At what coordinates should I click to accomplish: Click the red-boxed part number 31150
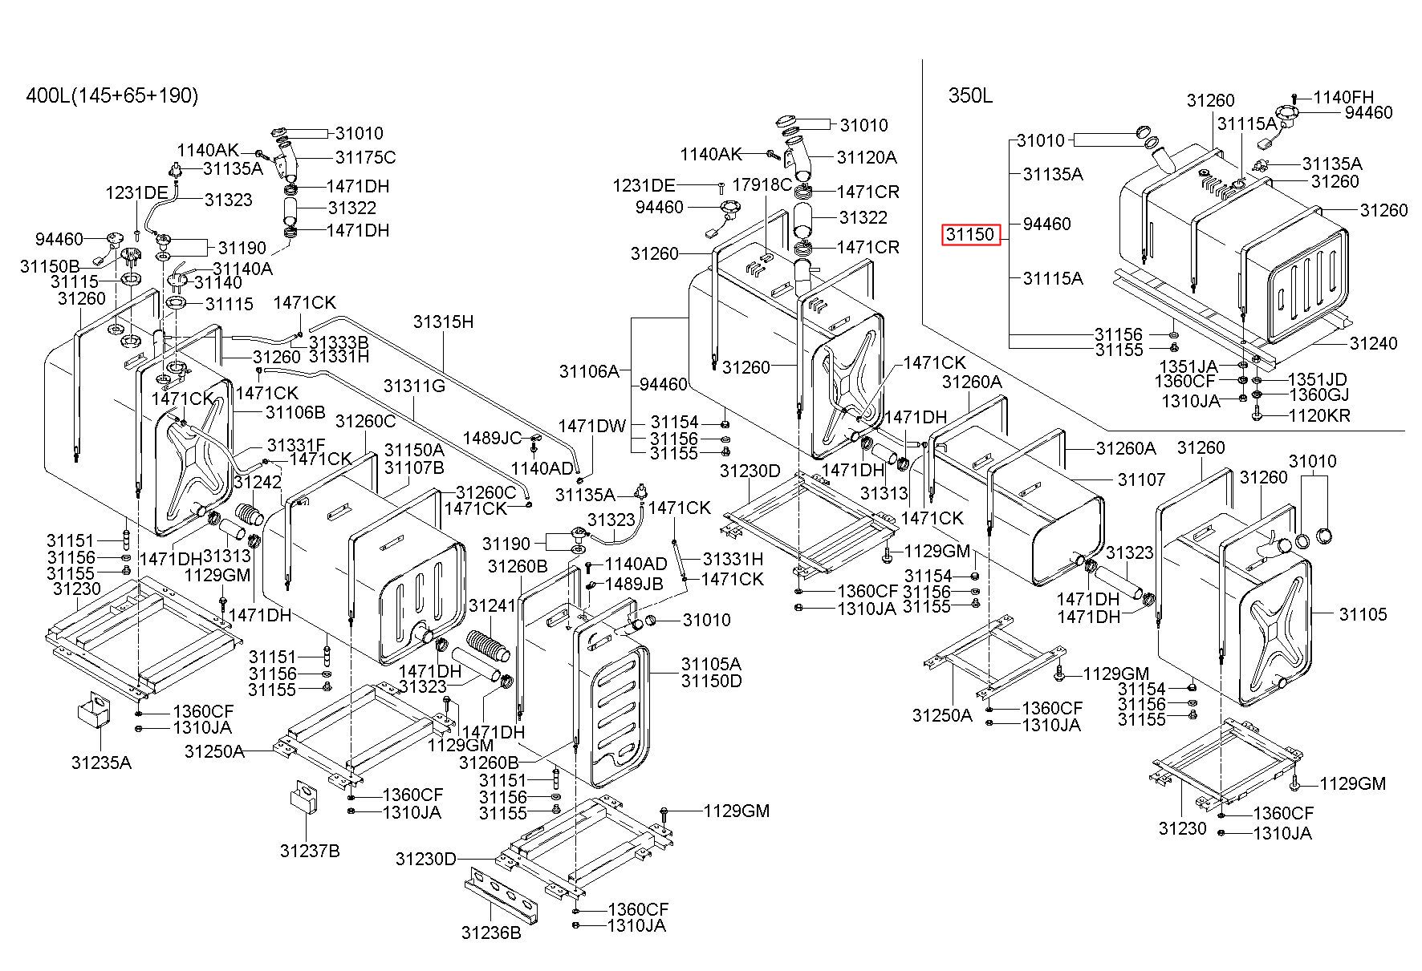click(x=972, y=235)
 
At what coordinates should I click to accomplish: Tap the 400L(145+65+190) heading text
click(x=112, y=96)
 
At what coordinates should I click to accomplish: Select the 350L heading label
click(x=970, y=96)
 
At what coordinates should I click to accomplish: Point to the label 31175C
click(x=365, y=157)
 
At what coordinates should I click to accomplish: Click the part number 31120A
click(x=867, y=157)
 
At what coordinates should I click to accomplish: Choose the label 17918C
click(x=762, y=184)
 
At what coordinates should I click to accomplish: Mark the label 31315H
click(x=444, y=322)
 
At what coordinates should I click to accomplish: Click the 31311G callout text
click(x=414, y=386)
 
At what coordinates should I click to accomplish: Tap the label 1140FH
click(x=1343, y=97)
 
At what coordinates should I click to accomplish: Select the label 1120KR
click(x=1319, y=415)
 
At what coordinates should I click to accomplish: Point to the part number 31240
click(x=1373, y=343)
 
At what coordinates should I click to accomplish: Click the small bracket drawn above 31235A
click(x=94, y=711)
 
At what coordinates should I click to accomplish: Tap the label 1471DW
click(x=592, y=426)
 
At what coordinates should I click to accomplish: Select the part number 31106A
click(x=590, y=370)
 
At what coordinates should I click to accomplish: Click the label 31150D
click(x=712, y=681)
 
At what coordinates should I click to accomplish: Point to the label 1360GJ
click(x=1318, y=394)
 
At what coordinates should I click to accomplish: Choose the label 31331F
click(x=296, y=445)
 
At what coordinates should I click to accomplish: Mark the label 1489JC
click(x=492, y=438)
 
